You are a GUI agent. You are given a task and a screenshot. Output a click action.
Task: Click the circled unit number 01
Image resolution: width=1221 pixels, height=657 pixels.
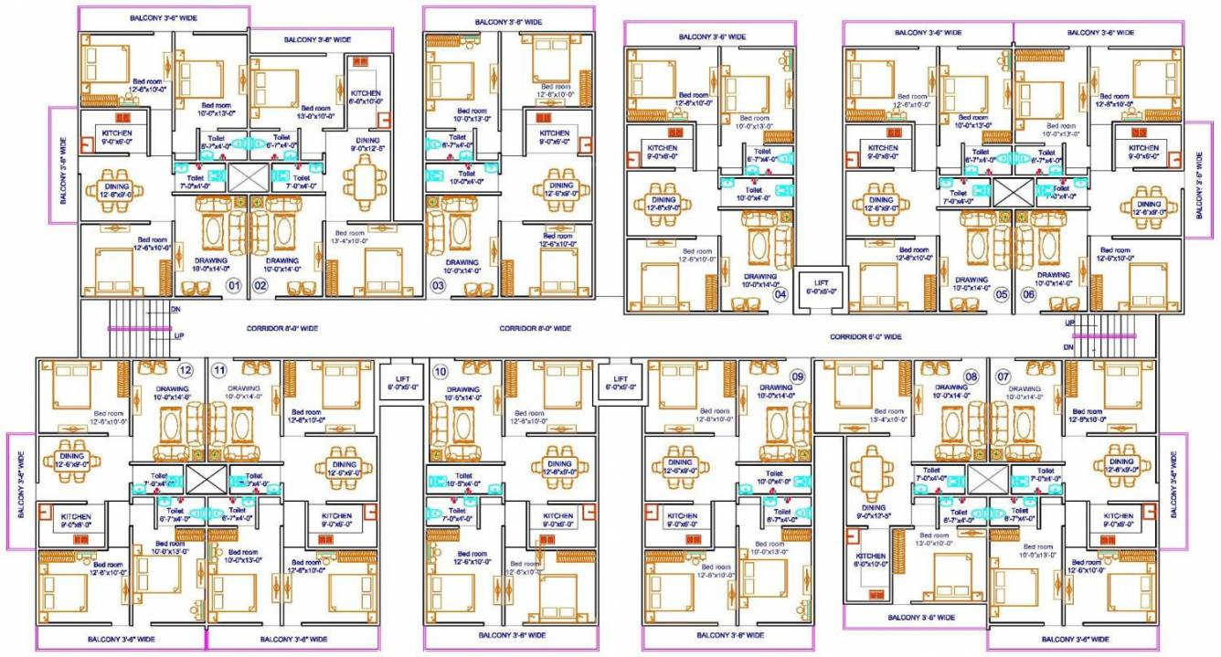click(234, 286)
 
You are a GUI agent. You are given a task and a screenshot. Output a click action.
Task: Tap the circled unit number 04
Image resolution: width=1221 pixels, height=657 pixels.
click(780, 293)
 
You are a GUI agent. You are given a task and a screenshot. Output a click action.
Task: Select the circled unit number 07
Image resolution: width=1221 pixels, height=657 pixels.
click(1003, 376)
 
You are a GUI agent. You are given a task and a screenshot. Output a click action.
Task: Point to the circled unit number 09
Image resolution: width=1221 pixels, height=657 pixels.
click(797, 376)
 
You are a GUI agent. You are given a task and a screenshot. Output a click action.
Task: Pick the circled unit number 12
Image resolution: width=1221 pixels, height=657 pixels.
click(186, 370)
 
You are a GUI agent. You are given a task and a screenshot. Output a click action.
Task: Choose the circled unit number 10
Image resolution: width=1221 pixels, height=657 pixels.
click(441, 371)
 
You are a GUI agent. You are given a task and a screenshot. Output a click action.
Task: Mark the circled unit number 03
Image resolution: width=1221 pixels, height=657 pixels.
click(439, 286)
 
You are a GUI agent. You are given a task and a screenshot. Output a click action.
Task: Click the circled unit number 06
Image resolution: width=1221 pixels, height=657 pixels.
click(1028, 294)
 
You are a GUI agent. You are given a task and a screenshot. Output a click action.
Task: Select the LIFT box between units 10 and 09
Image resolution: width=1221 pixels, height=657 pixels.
click(621, 382)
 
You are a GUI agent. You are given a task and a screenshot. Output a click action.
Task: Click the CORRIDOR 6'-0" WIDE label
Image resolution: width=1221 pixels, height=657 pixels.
click(865, 337)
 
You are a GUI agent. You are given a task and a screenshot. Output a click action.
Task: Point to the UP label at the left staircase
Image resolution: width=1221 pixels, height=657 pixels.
click(179, 335)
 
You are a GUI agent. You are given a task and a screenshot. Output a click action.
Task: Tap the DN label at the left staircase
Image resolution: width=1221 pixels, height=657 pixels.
click(175, 310)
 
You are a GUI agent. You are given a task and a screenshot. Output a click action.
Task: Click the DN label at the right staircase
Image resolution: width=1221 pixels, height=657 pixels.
click(1068, 347)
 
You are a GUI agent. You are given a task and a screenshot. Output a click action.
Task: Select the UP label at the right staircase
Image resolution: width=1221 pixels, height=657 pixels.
click(1069, 323)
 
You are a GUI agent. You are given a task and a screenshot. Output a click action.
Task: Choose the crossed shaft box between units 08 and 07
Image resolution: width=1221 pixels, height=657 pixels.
click(987, 478)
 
